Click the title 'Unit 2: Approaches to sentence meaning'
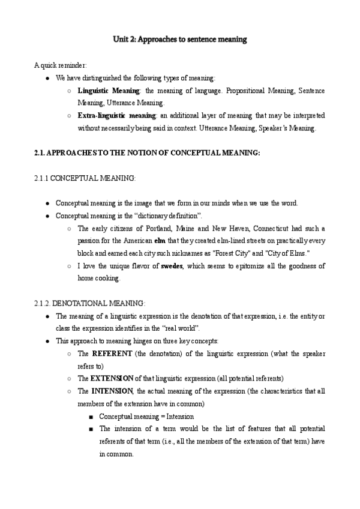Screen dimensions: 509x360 [180, 40]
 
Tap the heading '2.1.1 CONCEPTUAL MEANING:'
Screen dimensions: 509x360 [85, 179]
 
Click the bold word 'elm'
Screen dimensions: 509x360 [160, 241]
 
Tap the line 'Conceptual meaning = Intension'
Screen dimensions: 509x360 [146, 416]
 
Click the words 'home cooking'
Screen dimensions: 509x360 [98, 279]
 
